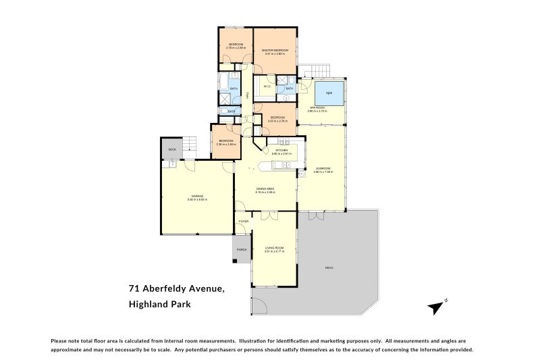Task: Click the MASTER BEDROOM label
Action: [x=275, y=51]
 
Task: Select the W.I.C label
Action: [x=267, y=86]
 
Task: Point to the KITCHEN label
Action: [x=281, y=151]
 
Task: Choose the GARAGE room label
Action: [x=197, y=196]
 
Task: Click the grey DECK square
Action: [x=171, y=149]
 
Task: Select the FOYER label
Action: [x=243, y=221]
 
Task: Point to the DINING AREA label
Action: [x=265, y=189]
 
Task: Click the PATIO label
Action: [x=329, y=268]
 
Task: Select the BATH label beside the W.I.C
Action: [x=289, y=88]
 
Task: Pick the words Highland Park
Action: [x=159, y=305]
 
